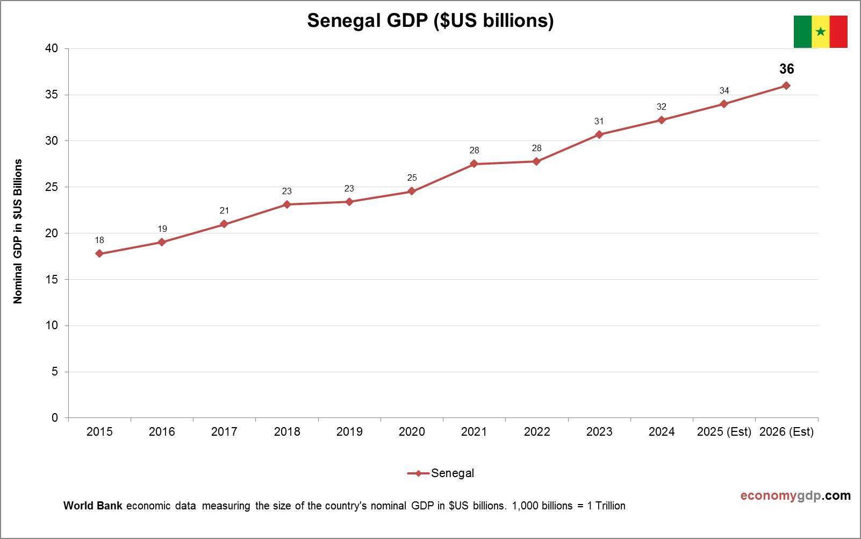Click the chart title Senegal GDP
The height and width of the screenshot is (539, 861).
430,20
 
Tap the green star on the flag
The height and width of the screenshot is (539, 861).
820,32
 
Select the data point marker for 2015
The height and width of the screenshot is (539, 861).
99,253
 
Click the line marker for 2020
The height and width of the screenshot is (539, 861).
412,191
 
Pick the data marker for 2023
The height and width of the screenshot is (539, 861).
599,134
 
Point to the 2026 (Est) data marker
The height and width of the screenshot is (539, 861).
786,86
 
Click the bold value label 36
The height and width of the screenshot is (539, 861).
786,69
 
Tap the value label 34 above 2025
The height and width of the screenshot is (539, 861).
724,91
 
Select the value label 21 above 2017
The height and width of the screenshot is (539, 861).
224,211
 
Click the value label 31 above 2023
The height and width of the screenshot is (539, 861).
599,122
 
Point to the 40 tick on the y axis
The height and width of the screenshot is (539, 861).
52,48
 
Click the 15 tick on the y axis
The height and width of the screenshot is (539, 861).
52,280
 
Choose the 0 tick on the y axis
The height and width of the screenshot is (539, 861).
55,418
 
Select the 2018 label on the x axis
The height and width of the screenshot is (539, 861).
287,432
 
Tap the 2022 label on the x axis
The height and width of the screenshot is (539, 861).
536,432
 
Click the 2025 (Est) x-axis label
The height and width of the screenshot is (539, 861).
723,432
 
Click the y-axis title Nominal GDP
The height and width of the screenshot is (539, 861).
18,231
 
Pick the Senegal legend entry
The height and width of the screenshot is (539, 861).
442,473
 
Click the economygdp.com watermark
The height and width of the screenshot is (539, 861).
795,495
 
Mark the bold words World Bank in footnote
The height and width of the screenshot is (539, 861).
93,506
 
